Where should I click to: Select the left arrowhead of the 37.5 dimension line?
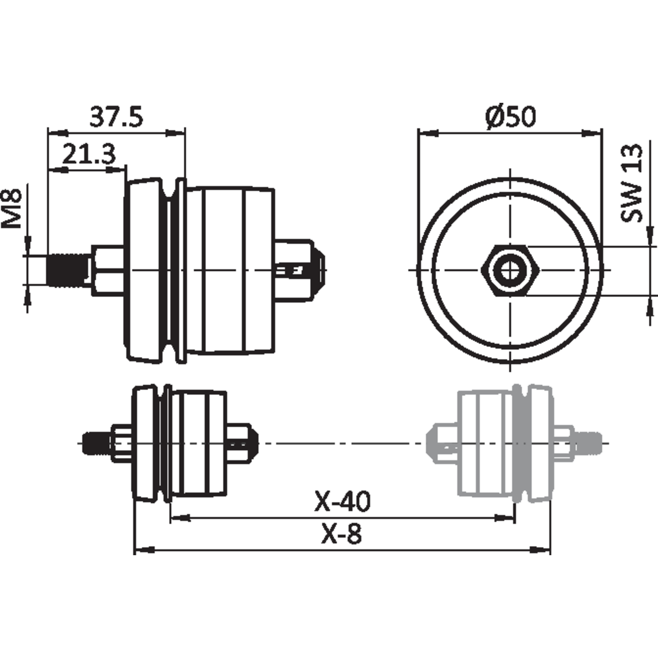(57, 133)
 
